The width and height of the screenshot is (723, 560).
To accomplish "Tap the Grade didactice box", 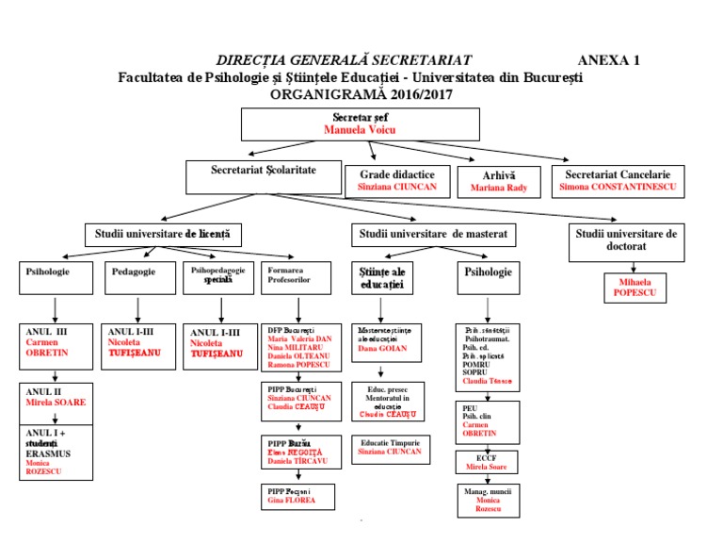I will point(395,181).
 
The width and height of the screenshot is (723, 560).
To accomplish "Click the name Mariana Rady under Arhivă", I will point(499,188).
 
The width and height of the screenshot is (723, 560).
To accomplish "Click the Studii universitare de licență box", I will point(162,232).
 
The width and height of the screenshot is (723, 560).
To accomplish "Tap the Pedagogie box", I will point(138,277).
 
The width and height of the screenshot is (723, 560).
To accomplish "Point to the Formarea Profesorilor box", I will point(298,277).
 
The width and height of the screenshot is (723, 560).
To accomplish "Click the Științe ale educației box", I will point(381,277).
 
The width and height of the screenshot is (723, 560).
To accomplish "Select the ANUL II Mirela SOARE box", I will point(56,397).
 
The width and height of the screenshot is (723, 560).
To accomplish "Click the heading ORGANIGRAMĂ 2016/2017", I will point(361,93).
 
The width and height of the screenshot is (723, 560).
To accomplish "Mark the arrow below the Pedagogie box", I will point(138,309).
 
